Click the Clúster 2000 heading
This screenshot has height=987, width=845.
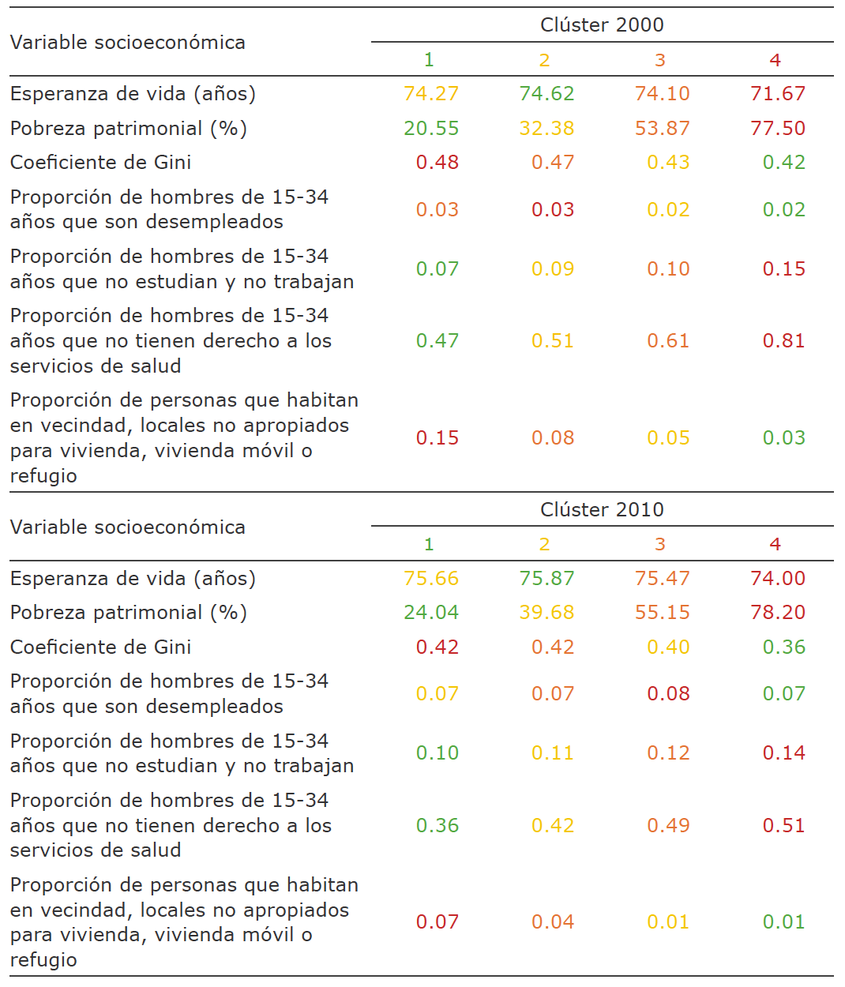pos(602,25)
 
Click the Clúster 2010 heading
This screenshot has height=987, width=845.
pos(602,510)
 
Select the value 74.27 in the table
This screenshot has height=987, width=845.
pos(431,94)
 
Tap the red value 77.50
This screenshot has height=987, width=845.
pos(778,129)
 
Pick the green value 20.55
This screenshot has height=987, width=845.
pos(431,129)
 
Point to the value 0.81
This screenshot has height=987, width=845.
pos(783,341)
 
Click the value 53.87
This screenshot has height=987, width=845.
pos(663,129)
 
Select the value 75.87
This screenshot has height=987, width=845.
pos(546,579)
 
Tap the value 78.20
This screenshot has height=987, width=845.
pos(778,613)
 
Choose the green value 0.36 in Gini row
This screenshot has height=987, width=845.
pos(783,647)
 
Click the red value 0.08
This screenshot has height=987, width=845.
pos(668,694)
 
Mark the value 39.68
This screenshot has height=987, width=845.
pos(546,613)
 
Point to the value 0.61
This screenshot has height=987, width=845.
pos(668,341)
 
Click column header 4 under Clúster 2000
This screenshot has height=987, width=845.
pos(775,60)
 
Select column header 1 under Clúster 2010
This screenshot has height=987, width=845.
pos(429,545)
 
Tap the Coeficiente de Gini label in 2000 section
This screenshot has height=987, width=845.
pos(101,163)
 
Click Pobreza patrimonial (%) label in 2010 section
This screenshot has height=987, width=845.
pos(129,613)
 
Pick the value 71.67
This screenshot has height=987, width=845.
pos(778,94)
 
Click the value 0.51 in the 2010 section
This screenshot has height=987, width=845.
pos(783,826)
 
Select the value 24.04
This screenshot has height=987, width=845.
pos(431,613)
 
